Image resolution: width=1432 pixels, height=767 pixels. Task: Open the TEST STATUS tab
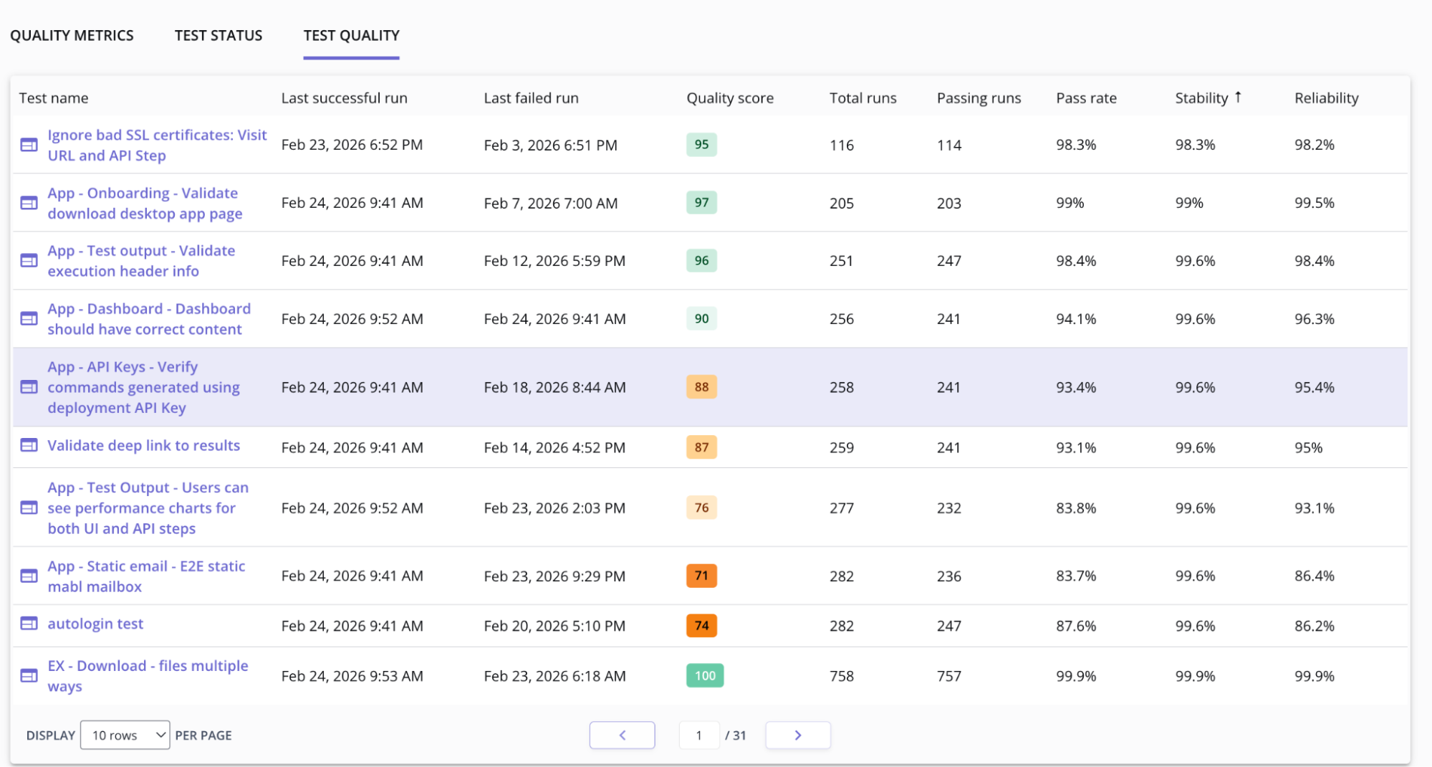(x=218, y=36)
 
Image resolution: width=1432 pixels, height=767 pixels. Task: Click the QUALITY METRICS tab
(x=72, y=36)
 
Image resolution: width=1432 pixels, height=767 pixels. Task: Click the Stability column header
(x=1201, y=98)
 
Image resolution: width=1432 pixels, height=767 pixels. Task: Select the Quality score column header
(x=729, y=98)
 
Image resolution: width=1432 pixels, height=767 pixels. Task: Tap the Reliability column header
(x=1326, y=98)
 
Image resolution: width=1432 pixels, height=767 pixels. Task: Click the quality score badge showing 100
(x=705, y=676)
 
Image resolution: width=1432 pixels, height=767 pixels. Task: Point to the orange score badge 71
(x=701, y=576)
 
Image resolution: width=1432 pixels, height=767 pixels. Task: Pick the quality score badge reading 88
(x=701, y=387)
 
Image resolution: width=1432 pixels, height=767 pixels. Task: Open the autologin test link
(x=95, y=624)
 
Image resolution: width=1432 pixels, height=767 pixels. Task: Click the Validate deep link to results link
(x=143, y=446)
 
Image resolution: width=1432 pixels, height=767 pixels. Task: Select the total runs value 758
(x=842, y=676)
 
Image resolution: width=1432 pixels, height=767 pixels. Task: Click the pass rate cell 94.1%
(x=1076, y=319)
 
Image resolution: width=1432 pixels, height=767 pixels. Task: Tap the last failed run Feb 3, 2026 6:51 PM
(x=550, y=146)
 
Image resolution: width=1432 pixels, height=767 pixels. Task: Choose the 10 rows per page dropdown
(x=125, y=735)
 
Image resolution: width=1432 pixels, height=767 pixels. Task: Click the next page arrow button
(x=797, y=735)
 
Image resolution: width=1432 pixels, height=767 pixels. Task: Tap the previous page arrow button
(x=622, y=735)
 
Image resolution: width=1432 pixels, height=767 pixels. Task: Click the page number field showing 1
(x=699, y=735)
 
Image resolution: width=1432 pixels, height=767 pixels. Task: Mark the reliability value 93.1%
(x=1314, y=508)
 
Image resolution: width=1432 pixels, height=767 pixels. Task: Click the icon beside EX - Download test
(x=29, y=676)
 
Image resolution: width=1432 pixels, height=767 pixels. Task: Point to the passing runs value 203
(x=948, y=204)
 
